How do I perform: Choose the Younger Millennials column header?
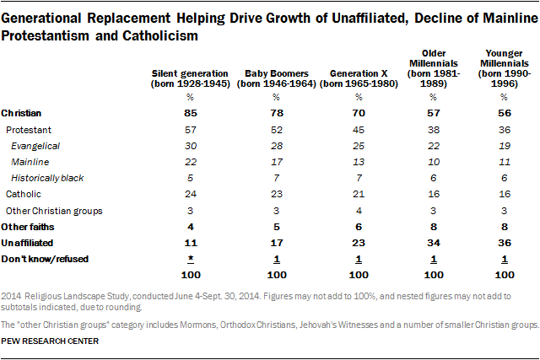pos(503,74)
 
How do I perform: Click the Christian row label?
pos(22,112)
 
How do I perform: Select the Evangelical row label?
pos(35,147)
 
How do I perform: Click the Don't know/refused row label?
pos(39,257)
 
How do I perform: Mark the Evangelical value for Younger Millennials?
pos(503,147)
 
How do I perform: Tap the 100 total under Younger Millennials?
pos(503,275)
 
